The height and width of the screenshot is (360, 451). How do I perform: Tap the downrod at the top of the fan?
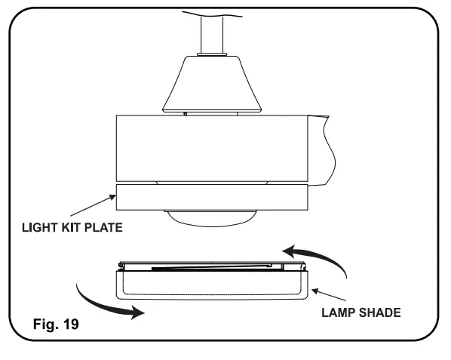(211, 30)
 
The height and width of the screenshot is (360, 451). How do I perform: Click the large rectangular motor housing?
(211, 147)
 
